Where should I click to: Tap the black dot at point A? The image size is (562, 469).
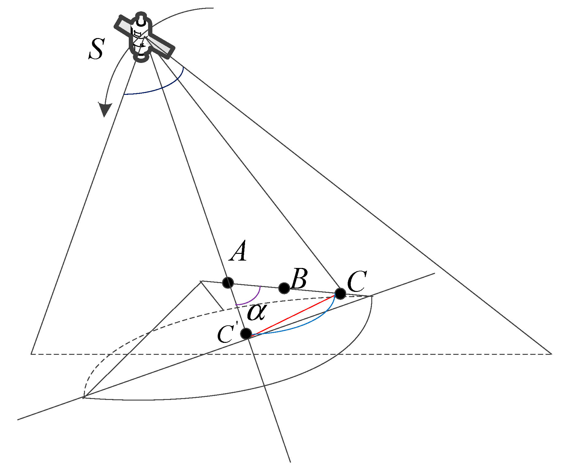tap(228, 282)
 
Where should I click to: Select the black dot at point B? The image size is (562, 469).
tap(284, 288)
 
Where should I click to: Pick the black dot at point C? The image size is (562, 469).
tap(340, 293)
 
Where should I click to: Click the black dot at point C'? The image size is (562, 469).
tap(246, 333)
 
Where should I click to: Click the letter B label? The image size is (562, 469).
tap(299, 279)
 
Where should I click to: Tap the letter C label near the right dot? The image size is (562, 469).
tap(357, 282)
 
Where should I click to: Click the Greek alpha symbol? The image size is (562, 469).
tap(256, 312)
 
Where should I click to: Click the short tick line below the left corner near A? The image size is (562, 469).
tap(212, 295)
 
